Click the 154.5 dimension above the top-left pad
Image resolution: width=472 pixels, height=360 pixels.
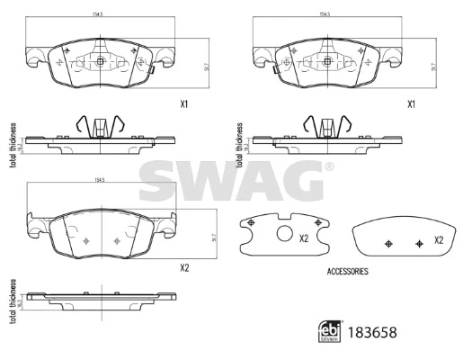(98, 15)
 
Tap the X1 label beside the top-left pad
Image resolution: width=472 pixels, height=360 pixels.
(184, 104)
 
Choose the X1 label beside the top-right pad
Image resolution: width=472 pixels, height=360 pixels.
(412, 104)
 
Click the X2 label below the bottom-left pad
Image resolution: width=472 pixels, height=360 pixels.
(184, 267)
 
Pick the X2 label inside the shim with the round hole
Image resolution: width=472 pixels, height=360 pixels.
(304, 238)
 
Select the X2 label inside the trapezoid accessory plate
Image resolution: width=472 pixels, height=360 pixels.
(439, 240)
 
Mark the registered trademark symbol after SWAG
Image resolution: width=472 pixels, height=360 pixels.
(328, 167)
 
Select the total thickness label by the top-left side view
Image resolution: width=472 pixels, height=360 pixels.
(12, 142)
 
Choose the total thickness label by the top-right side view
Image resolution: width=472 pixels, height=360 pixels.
(239, 142)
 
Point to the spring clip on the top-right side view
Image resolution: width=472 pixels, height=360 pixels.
(326, 126)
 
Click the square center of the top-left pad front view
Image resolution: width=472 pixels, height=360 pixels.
(100, 62)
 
